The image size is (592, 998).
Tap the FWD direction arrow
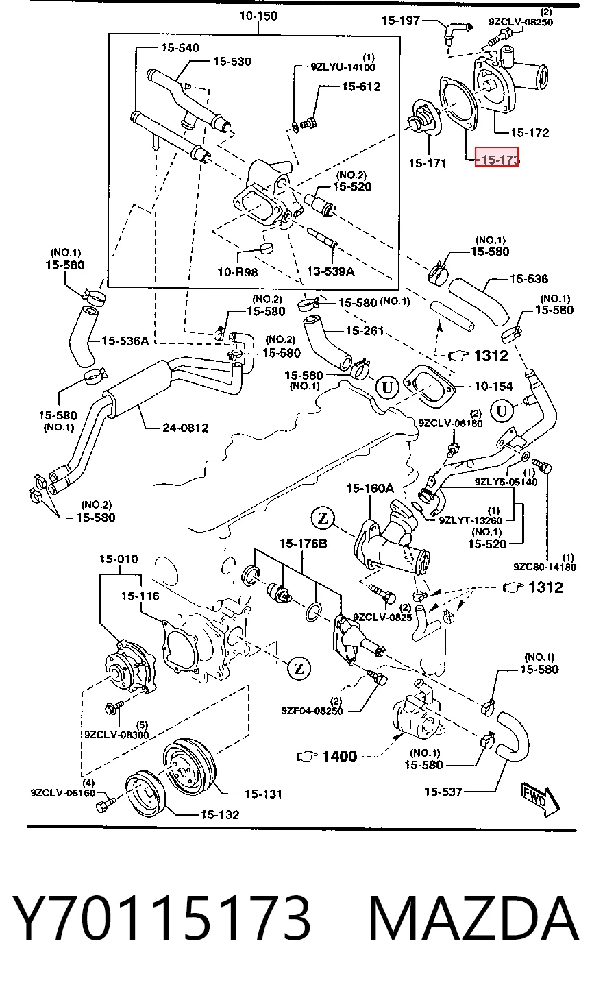[541, 800]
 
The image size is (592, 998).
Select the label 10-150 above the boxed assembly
[258, 16]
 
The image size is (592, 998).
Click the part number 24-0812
[185, 428]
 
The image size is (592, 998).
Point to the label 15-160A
[370, 488]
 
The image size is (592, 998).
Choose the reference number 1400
[339, 756]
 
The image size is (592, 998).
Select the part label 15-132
[220, 814]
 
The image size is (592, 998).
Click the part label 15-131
[263, 794]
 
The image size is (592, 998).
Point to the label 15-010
[119, 559]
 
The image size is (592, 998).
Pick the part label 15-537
[443, 792]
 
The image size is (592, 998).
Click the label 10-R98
[238, 271]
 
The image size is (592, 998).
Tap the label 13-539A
[330, 271]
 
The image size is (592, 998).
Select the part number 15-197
[400, 20]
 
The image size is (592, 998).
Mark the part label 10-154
[493, 386]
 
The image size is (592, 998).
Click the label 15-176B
[304, 544]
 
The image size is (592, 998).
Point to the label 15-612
[361, 86]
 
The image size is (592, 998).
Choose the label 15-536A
[125, 341]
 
